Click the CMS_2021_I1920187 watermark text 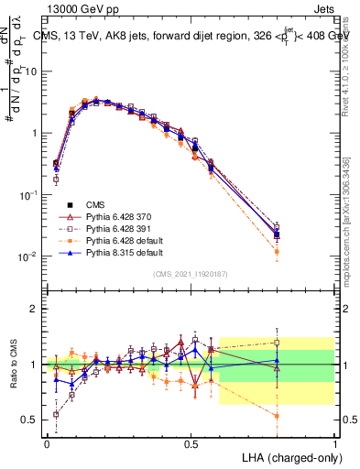191,273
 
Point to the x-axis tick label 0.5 191,443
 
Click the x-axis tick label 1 334,443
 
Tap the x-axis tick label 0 47,443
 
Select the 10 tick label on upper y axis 30,71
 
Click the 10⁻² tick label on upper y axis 27,256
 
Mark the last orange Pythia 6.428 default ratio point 277,416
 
